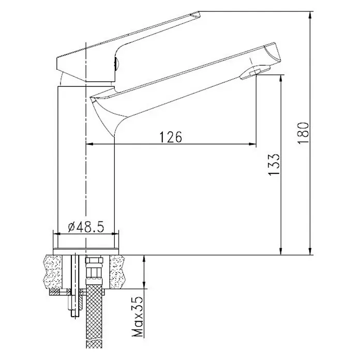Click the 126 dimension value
pyautogui.click(x=170, y=137)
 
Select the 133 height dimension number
pyautogui.click(x=274, y=164)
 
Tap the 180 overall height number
pyautogui.click(x=303, y=133)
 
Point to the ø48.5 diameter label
pyautogui.click(x=86, y=227)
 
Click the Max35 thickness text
pyautogui.click(x=138, y=317)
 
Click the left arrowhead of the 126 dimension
pyautogui.click(x=89, y=144)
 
